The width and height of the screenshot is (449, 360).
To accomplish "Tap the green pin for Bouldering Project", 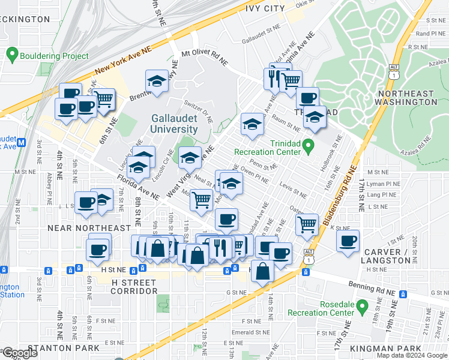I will (x=12, y=56).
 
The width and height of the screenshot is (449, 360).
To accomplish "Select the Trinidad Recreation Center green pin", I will (x=308, y=145).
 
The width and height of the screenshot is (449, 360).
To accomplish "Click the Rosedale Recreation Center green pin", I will (x=361, y=307).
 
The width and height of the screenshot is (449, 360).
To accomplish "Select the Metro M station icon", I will (x=22, y=143).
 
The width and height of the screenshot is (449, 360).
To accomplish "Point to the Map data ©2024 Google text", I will (x=412, y=355).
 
